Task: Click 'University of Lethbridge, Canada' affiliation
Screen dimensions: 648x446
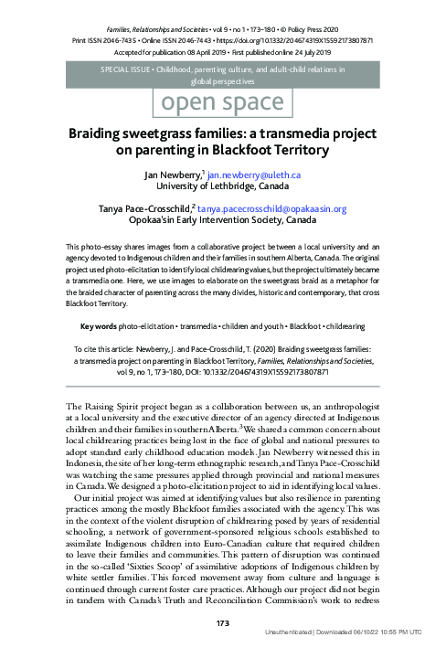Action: (223, 186)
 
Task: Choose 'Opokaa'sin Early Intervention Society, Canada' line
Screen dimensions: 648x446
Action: (223, 222)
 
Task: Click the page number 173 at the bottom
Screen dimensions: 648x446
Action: (222, 623)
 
